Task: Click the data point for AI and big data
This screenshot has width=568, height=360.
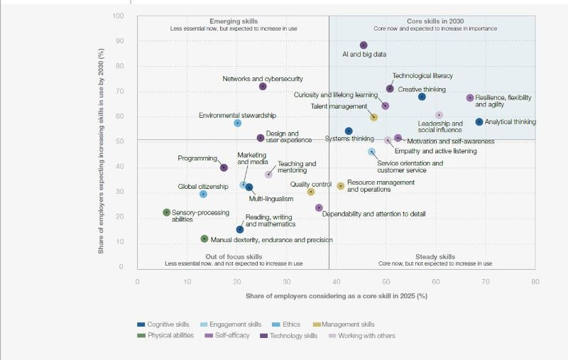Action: click(364, 45)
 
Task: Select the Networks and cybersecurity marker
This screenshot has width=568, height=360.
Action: click(263, 87)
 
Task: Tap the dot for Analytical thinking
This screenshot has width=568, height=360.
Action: click(479, 122)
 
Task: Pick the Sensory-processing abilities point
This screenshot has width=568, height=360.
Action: click(167, 212)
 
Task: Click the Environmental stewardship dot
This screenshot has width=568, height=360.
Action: click(238, 124)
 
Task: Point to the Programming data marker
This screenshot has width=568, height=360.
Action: click(224, 168)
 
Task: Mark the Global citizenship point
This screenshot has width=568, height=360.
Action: click(203, 194)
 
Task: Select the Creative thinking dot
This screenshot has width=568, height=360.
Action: click(422, 97)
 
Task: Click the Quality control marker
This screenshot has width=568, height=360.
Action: click(311, 192)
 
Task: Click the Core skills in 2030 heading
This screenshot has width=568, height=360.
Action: click(435, 21)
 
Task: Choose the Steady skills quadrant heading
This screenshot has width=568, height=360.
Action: click(435, 256)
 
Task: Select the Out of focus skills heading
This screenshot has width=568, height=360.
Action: click(234, 256)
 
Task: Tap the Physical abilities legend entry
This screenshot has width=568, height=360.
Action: click(170, 336)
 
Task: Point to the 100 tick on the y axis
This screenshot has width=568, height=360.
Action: click(119, 16)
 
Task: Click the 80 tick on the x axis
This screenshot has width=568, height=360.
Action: click(535, 281)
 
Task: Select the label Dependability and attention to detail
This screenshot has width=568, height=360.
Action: click(374, 214)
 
